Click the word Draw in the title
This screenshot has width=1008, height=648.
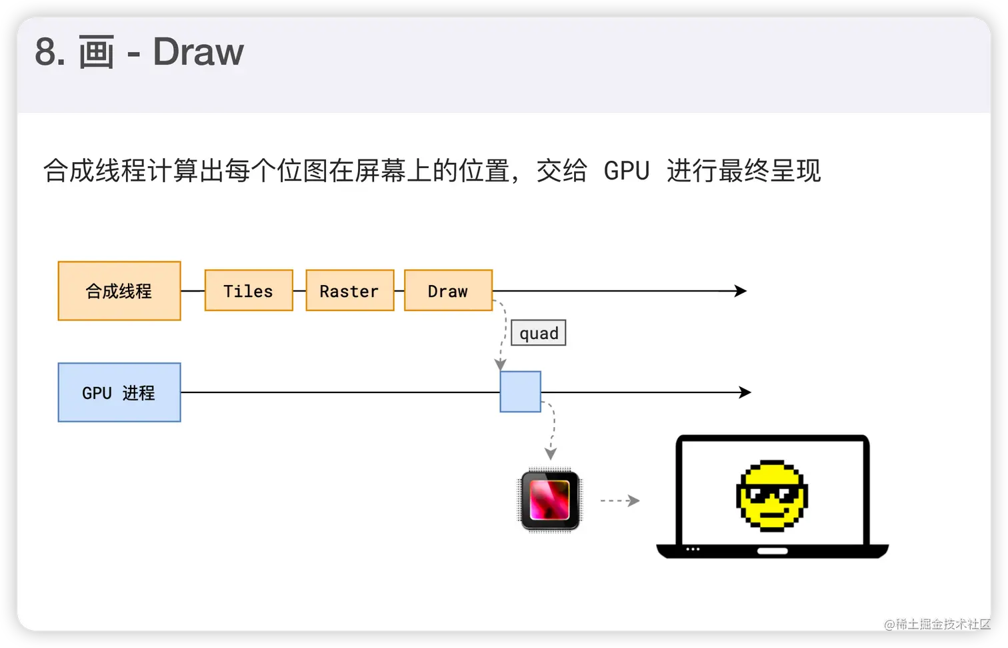198,52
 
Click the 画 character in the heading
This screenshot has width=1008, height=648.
96,53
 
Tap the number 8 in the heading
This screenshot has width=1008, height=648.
46,53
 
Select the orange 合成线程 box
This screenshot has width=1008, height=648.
119,291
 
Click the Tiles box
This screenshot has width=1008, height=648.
249,291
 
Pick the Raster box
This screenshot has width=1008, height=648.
349,291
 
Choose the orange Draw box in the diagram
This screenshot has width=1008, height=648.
448,291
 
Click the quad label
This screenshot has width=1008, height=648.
539,333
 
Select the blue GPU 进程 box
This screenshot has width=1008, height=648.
119,392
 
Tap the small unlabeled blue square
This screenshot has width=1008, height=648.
520,392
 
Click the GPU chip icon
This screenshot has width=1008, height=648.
550,500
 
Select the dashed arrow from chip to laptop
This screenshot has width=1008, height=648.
619,501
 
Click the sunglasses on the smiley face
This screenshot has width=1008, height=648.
771,494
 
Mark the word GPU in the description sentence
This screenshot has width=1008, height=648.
627,171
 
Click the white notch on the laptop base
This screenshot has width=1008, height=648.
773,551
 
